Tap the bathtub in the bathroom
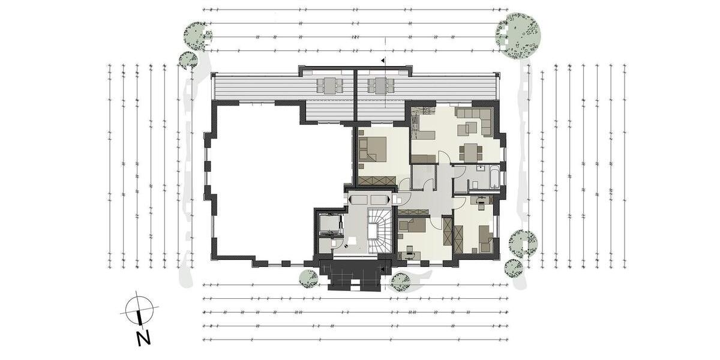[494, 178]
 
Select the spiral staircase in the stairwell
[378, 229]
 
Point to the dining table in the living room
[470, 151]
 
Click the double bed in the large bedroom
[373, 150]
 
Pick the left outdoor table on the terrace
[329, 85]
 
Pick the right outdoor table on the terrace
[379, 85]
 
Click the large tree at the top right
[518, 36]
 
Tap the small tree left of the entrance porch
[308, 278]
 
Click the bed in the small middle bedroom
[412, 226]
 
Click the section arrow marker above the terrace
[382, 61]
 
